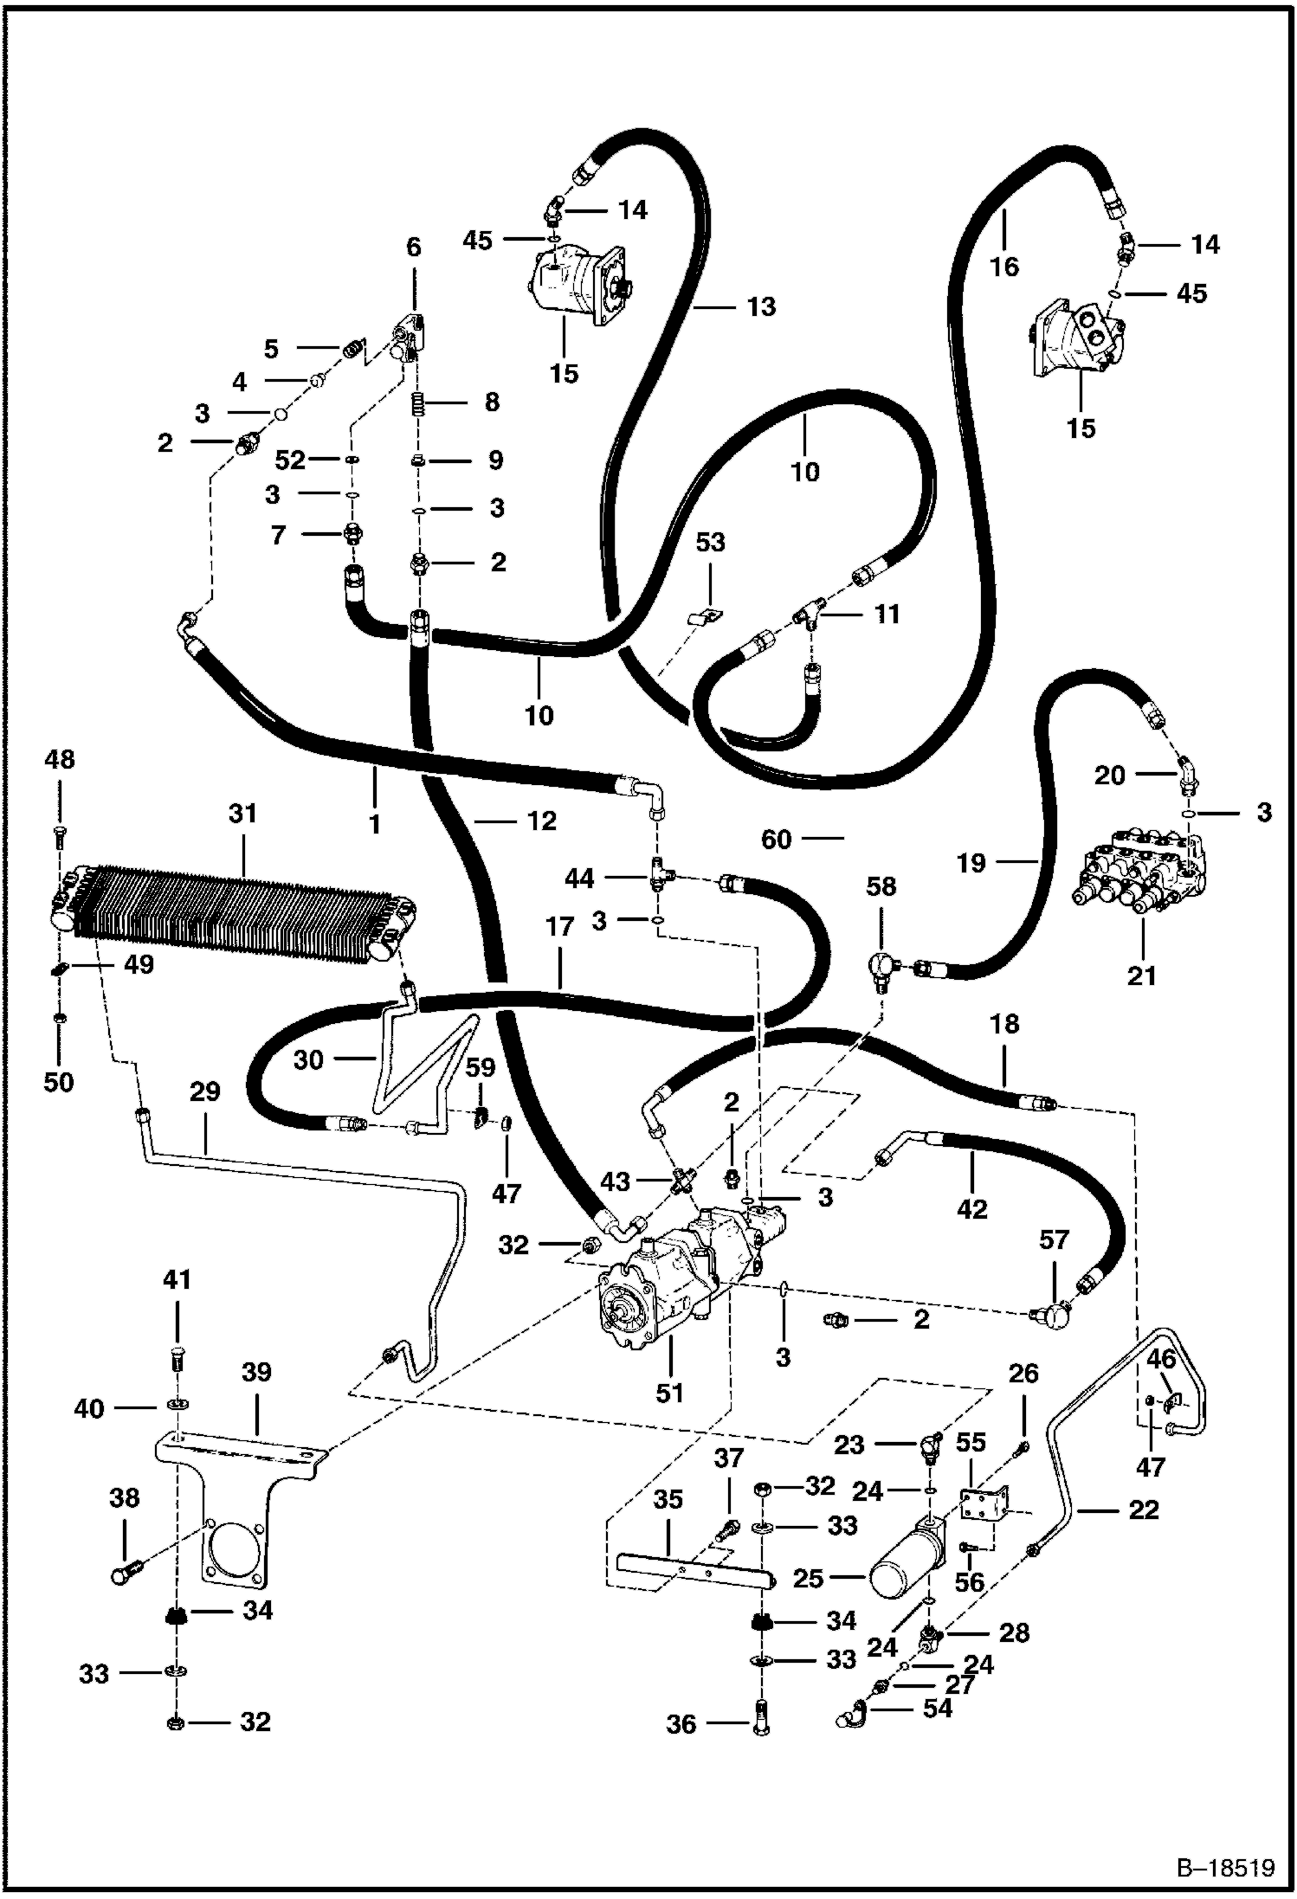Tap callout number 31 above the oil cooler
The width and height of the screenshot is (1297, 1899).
243,814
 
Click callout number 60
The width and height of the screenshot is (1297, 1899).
777,839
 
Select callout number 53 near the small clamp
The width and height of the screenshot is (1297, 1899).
710,543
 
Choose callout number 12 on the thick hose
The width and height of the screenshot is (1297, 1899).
541,820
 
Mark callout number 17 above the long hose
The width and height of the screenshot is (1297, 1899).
560,928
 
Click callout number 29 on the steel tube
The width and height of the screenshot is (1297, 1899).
206,1092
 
